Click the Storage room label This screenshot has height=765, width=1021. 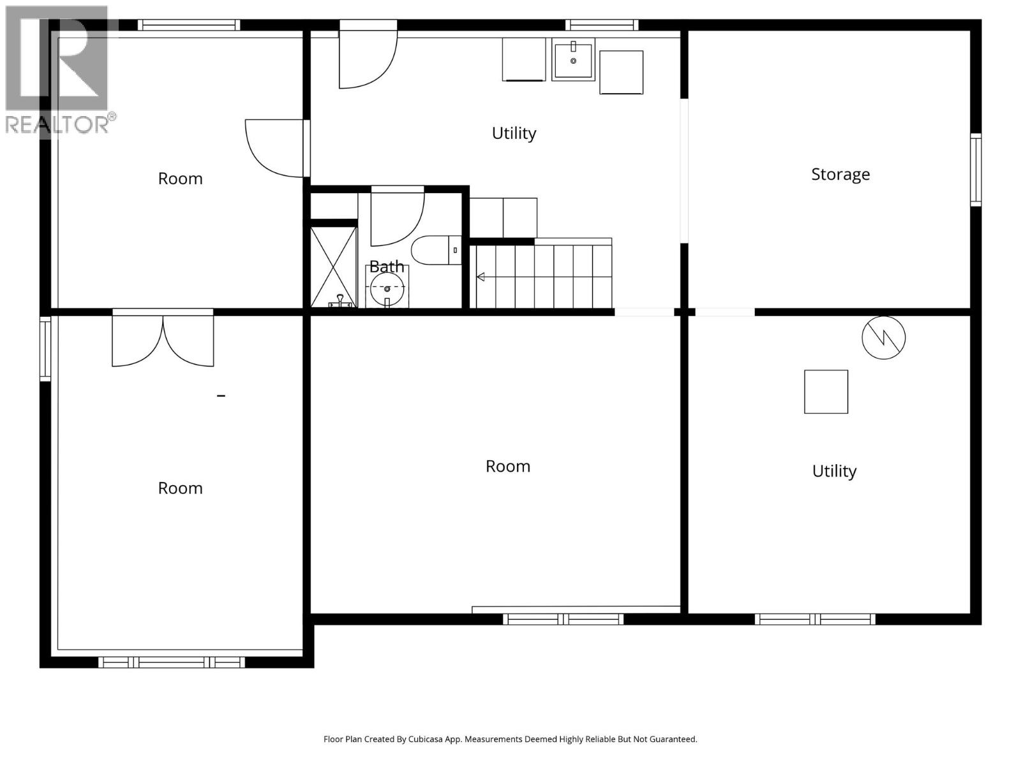(840, 174)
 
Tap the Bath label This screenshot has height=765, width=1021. (387, 266)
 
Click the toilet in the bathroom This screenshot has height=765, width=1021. (434, 251)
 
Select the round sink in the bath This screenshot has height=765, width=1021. (387, 289)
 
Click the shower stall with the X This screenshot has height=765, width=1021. (333, 266)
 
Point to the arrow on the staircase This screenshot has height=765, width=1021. (481, 277)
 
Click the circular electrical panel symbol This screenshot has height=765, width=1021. (883, 337)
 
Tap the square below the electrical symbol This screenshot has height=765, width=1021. (826, 391)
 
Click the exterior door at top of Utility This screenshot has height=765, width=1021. (367, 56)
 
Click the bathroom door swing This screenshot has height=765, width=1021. (396, 217)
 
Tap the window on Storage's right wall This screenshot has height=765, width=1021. (975, 170)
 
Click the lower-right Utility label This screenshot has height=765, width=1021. (833, 471)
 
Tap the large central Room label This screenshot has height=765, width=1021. (507, 466)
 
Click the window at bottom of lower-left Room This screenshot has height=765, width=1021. (172, 662)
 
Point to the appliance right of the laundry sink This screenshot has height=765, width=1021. (621, 72)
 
